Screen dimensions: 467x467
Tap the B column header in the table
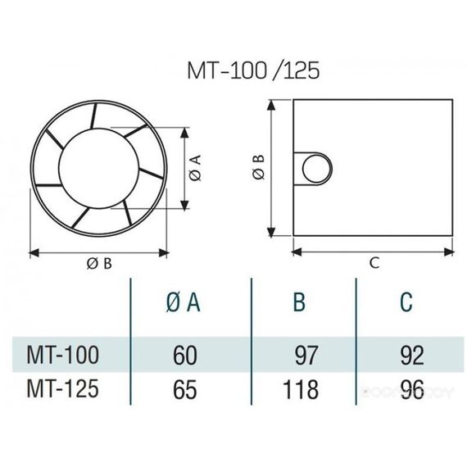click(300, 303)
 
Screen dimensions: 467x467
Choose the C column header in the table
click(406, 303)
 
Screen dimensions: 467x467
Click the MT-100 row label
click(66, 355)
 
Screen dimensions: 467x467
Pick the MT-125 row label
click(66, 388)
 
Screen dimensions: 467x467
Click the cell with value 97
click(304, 356)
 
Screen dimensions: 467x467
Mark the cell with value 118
click(300, 388)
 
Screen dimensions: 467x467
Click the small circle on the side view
click(315, 168)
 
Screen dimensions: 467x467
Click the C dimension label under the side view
click(374, 262)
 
